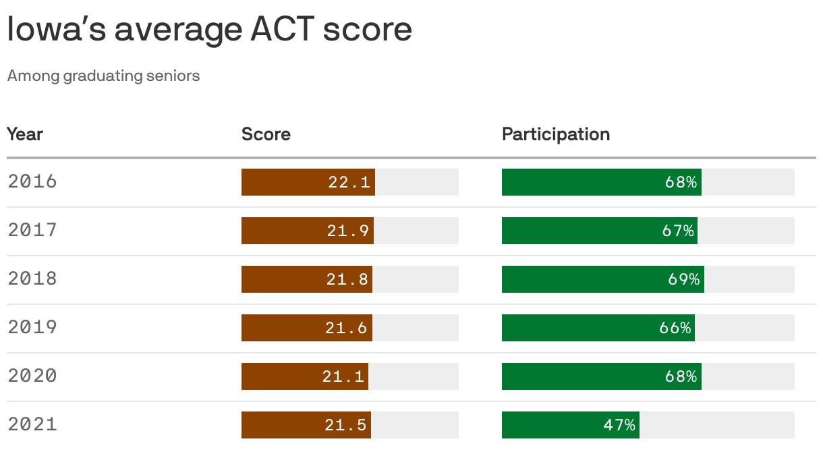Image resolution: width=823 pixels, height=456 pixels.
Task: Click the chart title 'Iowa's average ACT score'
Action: pos(209,30)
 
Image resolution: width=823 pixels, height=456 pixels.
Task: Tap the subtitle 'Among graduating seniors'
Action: pos(103,76)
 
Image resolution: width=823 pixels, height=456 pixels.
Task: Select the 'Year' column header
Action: pos(25,134)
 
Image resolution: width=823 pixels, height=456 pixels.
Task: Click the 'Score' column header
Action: pos(266,134)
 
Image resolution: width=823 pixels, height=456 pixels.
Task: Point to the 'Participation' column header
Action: pos(555,134)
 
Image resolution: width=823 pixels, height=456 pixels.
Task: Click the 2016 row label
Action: pos(32,181)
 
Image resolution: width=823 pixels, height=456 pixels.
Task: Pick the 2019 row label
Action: pos(32,327)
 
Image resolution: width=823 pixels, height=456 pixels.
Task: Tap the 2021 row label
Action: pos(32,424)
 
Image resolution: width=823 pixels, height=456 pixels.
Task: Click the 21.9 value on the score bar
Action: pos(348,231)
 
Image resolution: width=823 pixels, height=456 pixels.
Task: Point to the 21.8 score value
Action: pos(347,279)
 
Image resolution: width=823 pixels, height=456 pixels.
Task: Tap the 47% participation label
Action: pos(619,425)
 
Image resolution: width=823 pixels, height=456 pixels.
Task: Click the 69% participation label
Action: pos(684,279)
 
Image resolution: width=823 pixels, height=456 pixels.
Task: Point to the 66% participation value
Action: pos(675,328)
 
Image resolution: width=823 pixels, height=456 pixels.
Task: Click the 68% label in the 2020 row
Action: pos(681,376)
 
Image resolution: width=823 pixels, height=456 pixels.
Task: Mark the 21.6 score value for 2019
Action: pos(347,328)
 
